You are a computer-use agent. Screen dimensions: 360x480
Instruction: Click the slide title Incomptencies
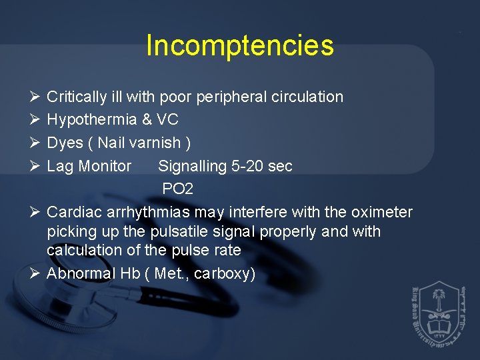point(239,45)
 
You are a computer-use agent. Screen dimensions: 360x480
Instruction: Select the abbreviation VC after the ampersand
point(167,120)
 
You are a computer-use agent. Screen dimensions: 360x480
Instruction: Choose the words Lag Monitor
point(89,166)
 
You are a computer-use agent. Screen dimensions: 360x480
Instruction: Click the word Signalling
point(192,166)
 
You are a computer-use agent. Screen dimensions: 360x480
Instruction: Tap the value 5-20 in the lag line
point(247,166)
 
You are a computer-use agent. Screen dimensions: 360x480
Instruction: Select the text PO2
point(177,189)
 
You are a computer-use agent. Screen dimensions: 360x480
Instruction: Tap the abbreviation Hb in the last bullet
point(130,274)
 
